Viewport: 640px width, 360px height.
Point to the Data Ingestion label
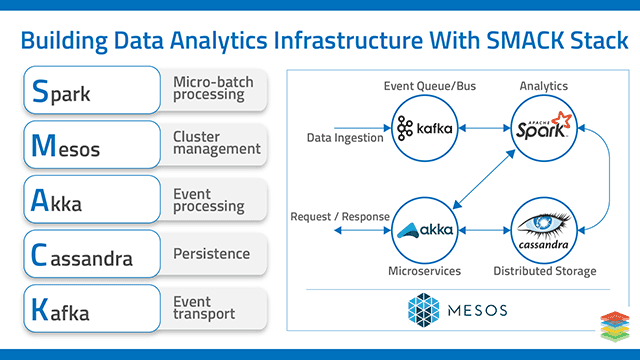tap(345, 138)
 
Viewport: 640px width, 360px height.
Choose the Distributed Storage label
tap(546, 271)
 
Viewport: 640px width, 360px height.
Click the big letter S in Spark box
tap(40, 93)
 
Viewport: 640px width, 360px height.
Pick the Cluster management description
tap(216, 142)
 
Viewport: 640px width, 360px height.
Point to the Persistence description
tap(211, 254)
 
